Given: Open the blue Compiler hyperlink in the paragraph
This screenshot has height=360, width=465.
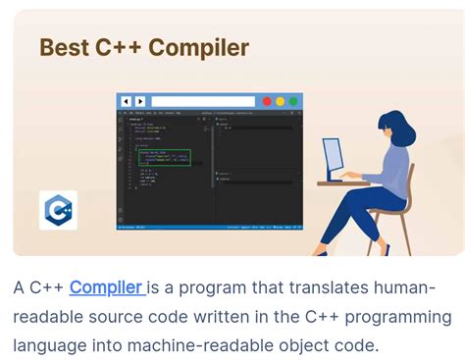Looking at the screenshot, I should [106, 287].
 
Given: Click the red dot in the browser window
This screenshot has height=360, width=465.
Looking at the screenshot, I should [266, 101].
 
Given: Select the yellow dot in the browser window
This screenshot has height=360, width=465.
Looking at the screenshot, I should [280, 101].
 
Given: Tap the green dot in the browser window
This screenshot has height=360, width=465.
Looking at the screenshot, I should [293, 101].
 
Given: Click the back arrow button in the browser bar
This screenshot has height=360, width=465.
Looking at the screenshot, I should [125, 101].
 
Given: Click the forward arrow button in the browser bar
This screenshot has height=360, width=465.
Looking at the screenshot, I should [139, 101].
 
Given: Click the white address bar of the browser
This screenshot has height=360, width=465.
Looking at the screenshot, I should [202, 101].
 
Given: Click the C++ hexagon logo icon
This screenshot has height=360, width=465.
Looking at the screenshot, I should [58, 210].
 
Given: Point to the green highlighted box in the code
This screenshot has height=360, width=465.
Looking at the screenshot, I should [163, 157].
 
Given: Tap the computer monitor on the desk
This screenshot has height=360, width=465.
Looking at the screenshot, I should [334, 159].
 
